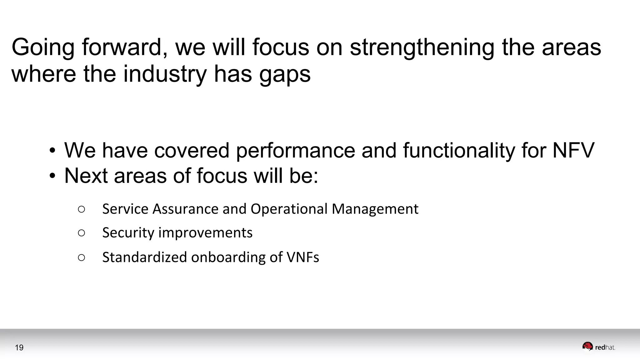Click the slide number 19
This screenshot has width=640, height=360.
tap(19, 347)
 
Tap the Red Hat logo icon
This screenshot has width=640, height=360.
tap(587, 347)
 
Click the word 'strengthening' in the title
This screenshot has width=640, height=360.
tap(422, 47)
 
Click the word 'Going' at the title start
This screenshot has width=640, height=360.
tap(43, 47)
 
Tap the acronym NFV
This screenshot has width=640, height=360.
tap(573, 150)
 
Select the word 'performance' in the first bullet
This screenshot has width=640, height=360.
tap(295, 151)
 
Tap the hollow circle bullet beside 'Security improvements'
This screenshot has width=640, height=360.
tap(81, 233)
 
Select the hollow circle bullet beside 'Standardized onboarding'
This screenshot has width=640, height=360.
tap(81, 257)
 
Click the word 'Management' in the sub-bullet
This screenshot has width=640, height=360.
tap(375, 209)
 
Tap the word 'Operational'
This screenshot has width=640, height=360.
tap(289, 209)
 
